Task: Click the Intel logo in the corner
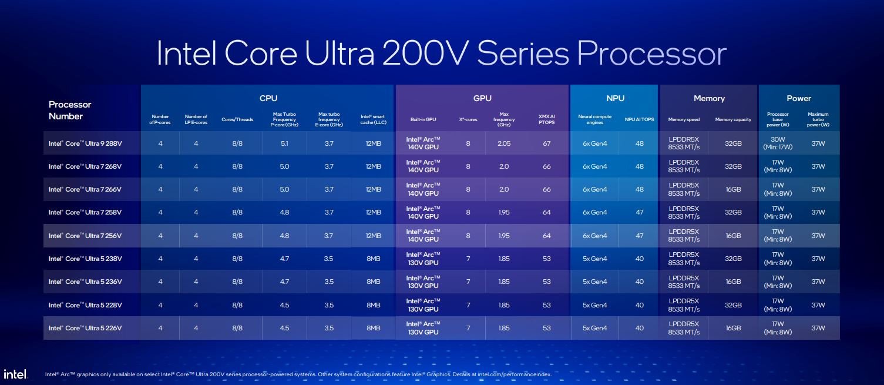point(15,374)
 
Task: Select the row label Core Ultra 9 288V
point(85,143)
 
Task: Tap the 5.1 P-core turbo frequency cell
point(284,143)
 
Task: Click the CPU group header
point(268,98)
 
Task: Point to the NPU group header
point(615,98)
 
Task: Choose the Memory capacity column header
point(733,119)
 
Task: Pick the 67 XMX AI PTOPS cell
point(547,143)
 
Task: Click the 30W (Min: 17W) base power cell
point(778,143)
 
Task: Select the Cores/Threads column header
point(237,119)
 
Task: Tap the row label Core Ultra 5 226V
point(85,328)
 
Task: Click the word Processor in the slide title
point(652,53)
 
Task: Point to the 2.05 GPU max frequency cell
point(504,143)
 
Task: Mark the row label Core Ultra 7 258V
point(85,212)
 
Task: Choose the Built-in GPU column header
point(423,119)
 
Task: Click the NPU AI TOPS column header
point(639,119)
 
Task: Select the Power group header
point(799,98)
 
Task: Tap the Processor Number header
point(70,110)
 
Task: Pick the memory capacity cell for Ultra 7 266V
point(733,189)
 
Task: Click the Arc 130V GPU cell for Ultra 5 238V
point(423,259)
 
